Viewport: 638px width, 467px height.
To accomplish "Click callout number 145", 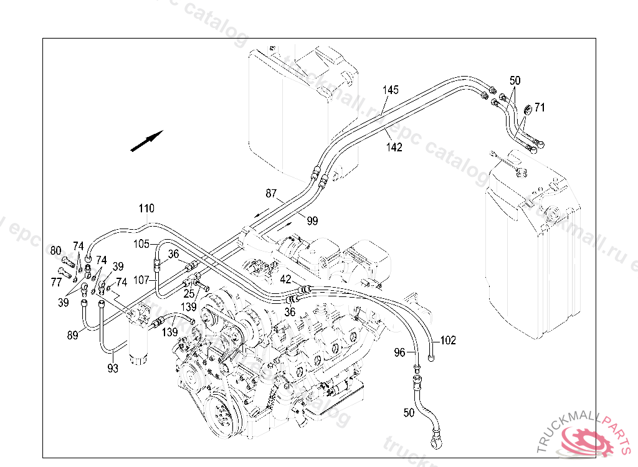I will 391,90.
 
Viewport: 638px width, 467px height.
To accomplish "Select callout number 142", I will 394,147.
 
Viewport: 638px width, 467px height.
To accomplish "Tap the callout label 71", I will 540,108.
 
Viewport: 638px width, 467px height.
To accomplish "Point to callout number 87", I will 271,194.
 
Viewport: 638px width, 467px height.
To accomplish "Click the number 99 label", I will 312,220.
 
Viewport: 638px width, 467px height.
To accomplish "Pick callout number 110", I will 146,208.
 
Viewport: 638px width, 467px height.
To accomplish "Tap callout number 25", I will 189,293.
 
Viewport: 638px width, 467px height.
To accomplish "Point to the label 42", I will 285,280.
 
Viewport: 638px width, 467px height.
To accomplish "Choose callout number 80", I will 56,251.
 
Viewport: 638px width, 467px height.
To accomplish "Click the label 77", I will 57,283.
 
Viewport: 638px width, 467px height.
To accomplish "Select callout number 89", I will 73,335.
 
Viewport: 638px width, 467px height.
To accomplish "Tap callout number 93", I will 112,368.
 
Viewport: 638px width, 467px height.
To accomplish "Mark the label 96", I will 399,352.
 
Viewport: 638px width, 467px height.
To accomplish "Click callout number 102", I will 448,341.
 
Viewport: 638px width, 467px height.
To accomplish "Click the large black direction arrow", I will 147,141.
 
